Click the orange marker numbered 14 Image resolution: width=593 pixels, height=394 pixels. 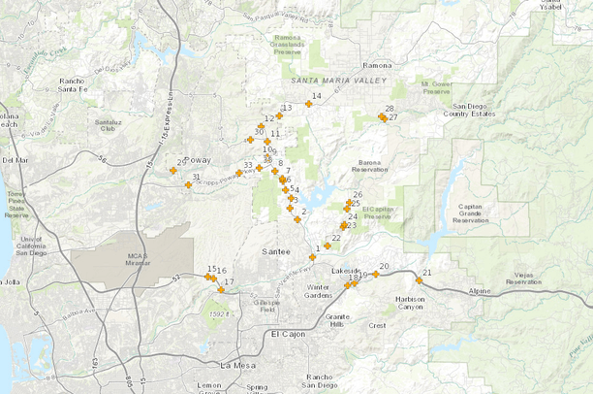click(x=309, y=103)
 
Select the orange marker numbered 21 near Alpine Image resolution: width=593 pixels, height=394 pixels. click(x=420, y=279)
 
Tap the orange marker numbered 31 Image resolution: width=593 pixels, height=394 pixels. click(x=188, y=184)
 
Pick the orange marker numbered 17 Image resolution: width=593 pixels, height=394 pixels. click(x=221, y=289)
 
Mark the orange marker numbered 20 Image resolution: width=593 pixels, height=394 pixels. click(x=376, y=274)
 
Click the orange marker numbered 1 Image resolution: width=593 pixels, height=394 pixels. click(x=313, y=257)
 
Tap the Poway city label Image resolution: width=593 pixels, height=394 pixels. click(x=198, y=158)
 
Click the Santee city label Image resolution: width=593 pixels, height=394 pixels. click(x=276, y=251)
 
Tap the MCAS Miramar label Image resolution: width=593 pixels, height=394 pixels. click(x=135, y=260)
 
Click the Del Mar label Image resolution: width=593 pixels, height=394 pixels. click(x=15, y=160)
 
